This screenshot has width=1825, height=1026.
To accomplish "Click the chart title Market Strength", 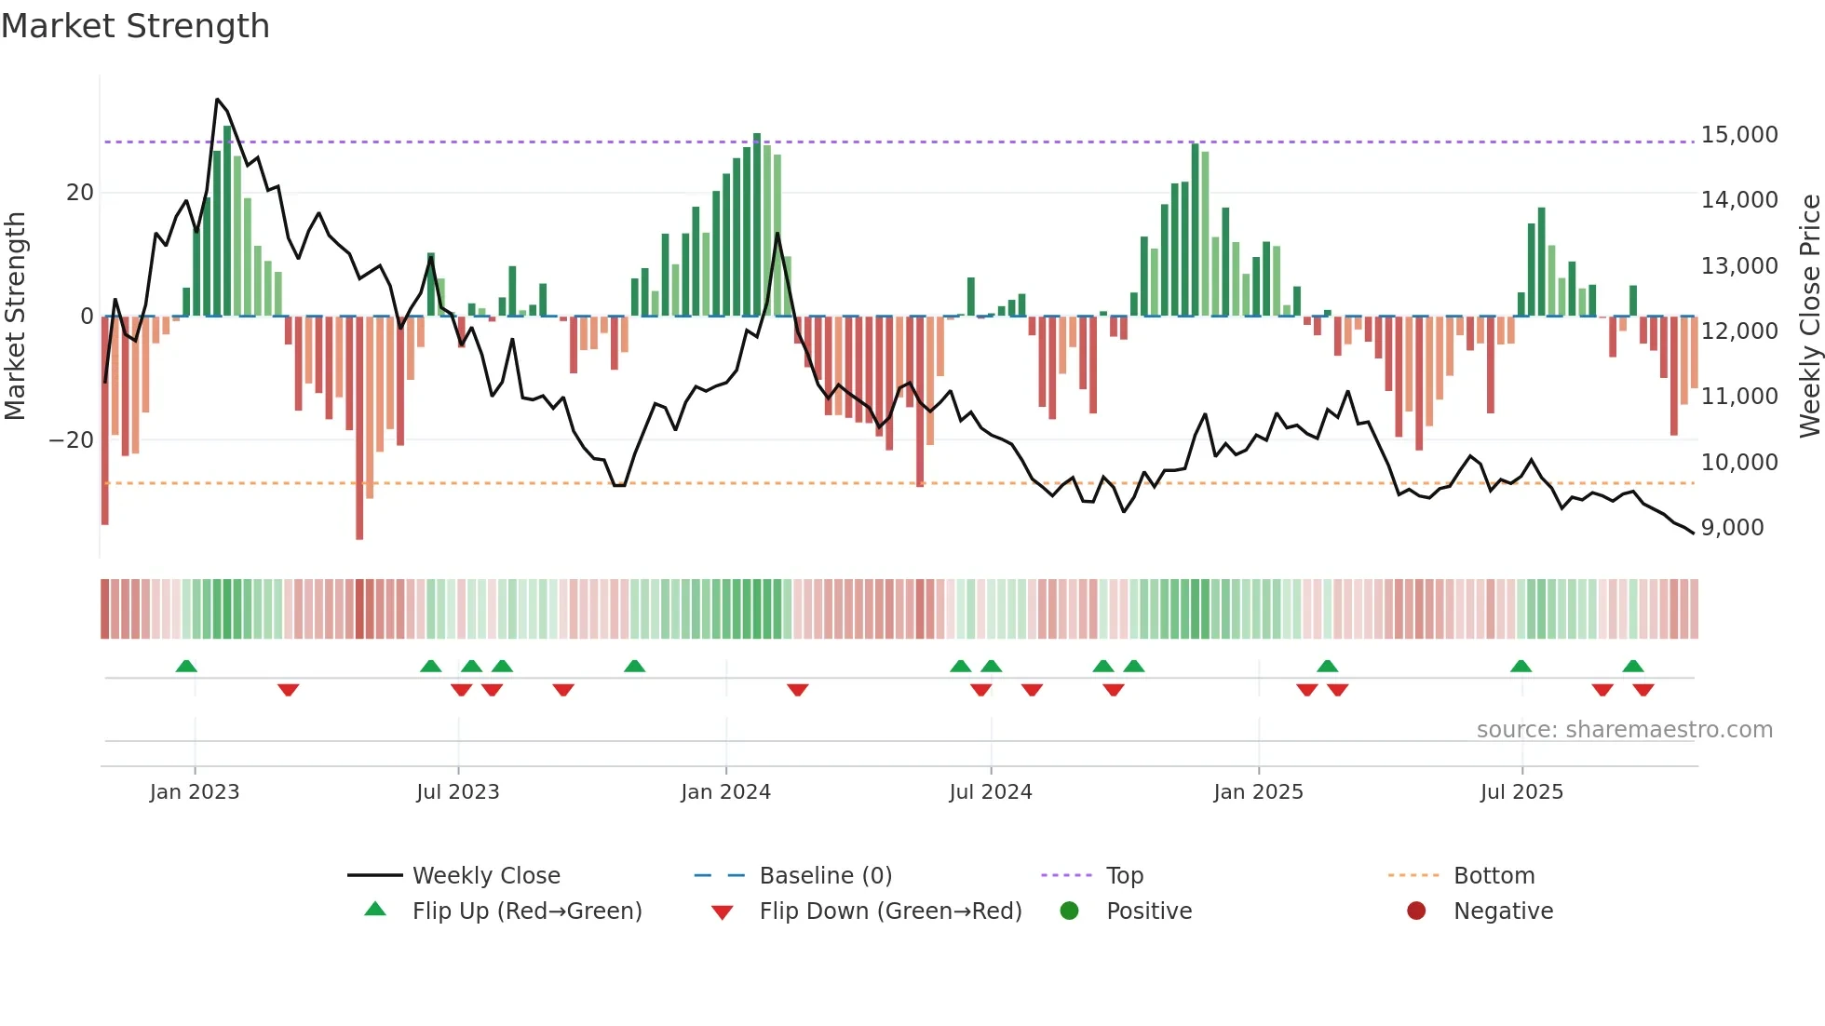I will point(135,26).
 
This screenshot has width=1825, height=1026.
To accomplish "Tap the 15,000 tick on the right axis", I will point(1738,135).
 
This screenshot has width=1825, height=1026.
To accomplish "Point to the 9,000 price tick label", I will point(1732,528).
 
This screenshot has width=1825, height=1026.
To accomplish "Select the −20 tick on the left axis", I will point(72,440).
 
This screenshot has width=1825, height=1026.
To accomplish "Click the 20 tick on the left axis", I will point(80,193).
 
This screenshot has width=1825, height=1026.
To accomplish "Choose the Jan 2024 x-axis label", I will point(725,792).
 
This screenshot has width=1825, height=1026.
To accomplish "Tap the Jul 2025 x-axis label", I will point(1521,792).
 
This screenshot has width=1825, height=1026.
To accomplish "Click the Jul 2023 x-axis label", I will point(457,792).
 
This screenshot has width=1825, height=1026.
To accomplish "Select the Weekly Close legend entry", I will point(485,876).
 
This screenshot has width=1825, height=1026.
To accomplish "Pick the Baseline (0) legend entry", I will point(825,876).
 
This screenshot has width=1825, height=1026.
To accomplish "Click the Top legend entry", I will point(1124,876).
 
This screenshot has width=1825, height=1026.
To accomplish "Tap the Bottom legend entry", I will point(1494,876).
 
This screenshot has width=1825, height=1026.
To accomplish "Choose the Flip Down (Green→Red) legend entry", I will point(889,911).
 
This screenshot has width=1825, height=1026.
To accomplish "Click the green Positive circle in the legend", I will point(1069,911).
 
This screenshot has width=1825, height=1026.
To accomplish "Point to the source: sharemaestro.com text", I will point(1624,730).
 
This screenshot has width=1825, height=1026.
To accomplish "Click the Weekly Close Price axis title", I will point(1809,317).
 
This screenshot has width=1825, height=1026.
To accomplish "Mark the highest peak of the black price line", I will point(217,99).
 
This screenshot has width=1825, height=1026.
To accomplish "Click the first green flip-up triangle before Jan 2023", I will point(186,666).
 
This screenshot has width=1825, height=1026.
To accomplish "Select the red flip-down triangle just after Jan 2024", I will point(797,690).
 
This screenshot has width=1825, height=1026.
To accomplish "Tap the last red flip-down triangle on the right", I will point(1642,690).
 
